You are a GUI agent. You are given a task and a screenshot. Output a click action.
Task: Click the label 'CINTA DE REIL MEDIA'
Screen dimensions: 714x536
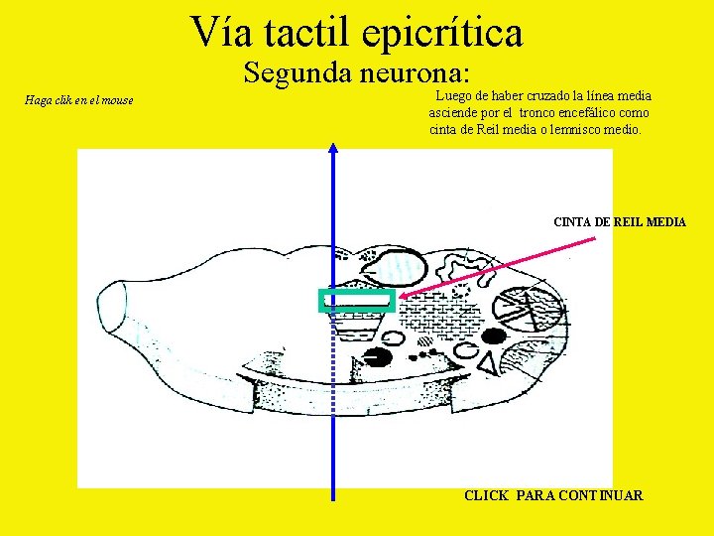619,222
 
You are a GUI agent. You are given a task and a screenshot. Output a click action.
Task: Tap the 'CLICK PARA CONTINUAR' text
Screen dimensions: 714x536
553,495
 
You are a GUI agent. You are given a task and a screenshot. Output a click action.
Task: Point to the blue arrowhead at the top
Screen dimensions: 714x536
333,149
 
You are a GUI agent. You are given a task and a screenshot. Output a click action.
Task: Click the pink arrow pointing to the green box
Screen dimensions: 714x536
506,264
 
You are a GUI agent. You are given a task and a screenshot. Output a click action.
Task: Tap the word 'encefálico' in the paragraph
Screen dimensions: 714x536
586,113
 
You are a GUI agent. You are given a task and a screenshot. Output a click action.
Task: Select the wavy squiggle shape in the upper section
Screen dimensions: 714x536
467,267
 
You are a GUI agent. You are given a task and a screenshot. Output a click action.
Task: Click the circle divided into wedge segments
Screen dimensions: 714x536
526,310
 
